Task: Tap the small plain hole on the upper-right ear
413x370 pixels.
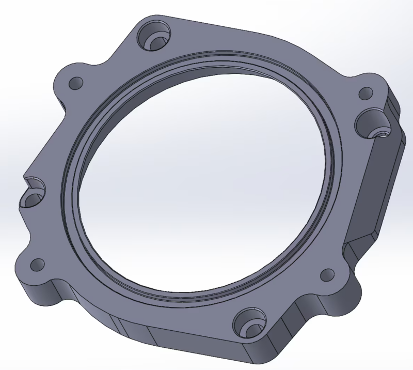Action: pyautogui.click(x=366, y=94)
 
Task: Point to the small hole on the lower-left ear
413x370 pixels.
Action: pyautogui.click(x=38, y=265)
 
